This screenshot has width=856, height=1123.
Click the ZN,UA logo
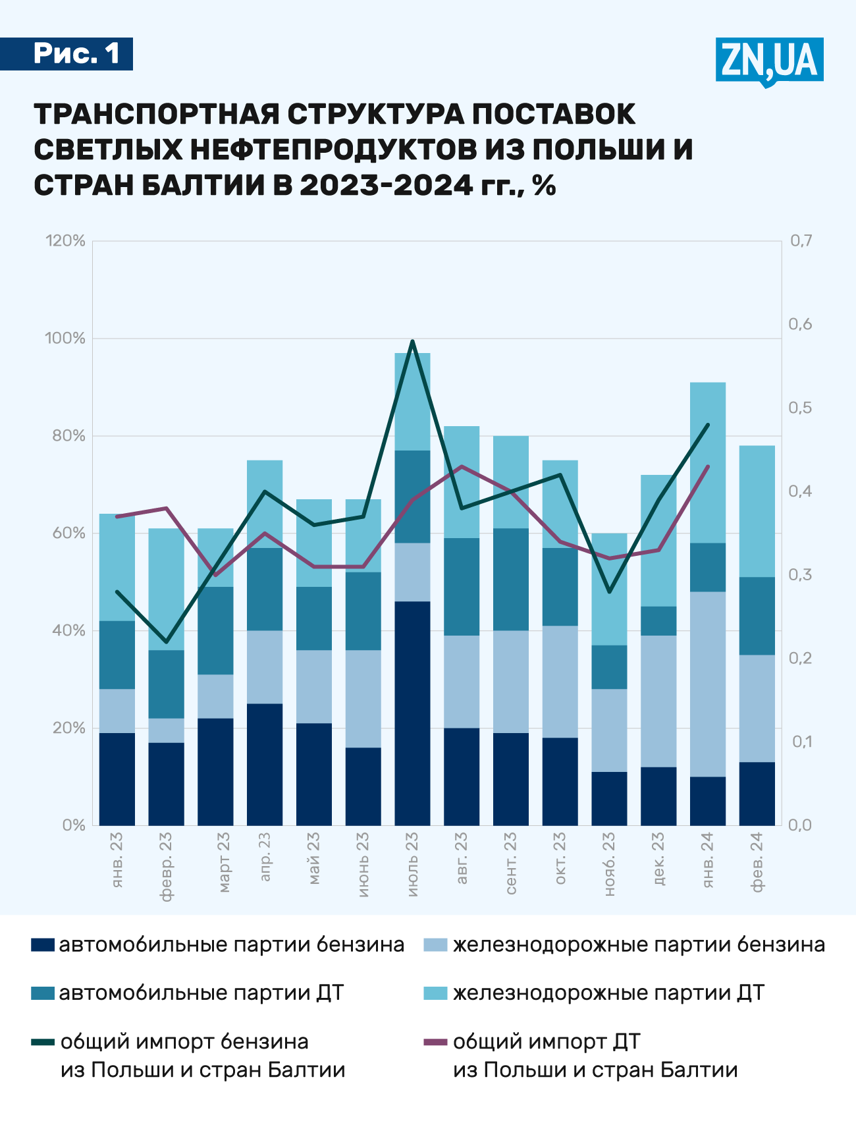click(769, 61)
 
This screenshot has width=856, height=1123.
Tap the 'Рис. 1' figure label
click(76, 53)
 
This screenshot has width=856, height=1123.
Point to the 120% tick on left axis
click(65, 241)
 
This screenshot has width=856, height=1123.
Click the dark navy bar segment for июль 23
click(412, 713)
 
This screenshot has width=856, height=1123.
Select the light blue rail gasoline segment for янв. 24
click(708, 684)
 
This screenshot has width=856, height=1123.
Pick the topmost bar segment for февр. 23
click(166, 589)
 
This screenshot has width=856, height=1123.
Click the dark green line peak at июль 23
click(412, 341)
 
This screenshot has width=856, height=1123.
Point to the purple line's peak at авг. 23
click(462, 466)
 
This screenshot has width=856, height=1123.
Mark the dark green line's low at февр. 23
click(166, 642)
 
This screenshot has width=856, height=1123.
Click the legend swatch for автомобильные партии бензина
click(42, 945)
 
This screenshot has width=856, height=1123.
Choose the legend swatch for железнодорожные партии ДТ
click(435, 993)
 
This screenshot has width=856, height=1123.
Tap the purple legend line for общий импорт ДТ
click(435, 1042)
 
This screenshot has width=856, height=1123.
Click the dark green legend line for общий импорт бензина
click(42, 1042)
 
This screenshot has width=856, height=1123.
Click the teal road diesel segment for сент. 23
click(511, 579)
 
